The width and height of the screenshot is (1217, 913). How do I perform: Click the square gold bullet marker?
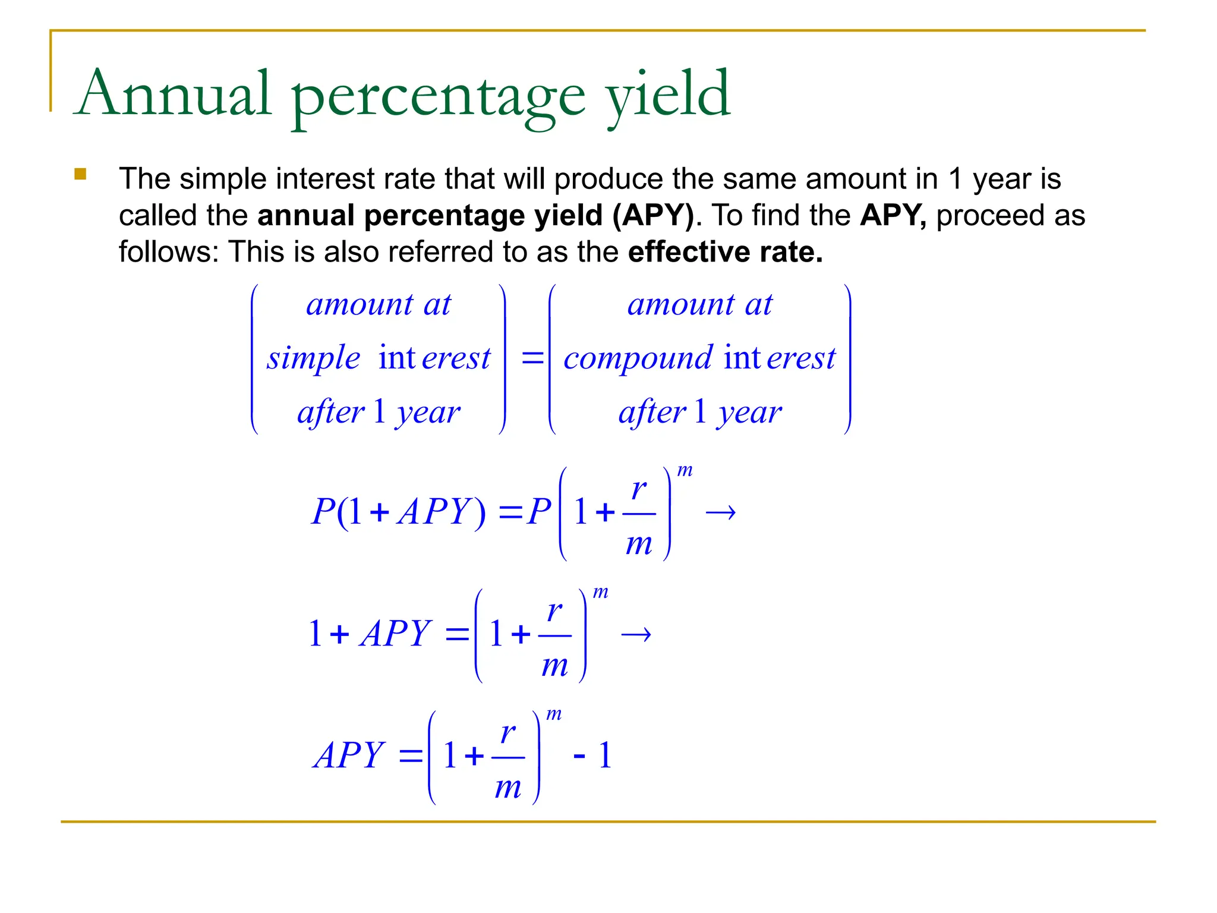80,174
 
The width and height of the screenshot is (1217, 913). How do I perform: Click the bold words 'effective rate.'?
725,252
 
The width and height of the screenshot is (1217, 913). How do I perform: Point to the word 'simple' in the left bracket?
313,358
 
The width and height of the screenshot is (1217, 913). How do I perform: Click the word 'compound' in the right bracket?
638,358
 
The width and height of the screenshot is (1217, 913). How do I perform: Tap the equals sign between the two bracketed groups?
532,358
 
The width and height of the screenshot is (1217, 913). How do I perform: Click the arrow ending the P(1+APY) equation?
720,512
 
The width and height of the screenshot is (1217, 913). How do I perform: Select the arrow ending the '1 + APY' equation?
636,635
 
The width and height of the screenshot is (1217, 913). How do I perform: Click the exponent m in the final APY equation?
554,714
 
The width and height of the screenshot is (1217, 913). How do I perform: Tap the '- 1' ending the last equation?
592,756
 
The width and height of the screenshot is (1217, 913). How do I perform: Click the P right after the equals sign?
539,511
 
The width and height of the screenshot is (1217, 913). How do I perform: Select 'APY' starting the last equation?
349,755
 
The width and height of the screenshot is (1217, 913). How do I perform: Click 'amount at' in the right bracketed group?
699,305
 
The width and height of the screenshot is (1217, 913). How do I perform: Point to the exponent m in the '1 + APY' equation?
601,592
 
